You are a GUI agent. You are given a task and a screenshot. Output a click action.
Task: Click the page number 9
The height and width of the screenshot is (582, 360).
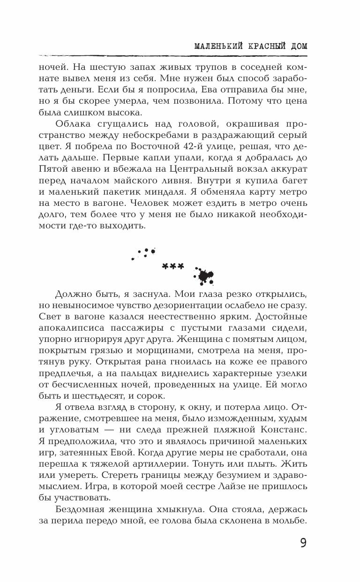(303, 543)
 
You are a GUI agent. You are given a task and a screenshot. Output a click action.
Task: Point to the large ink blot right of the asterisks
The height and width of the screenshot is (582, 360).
(204, 276)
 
